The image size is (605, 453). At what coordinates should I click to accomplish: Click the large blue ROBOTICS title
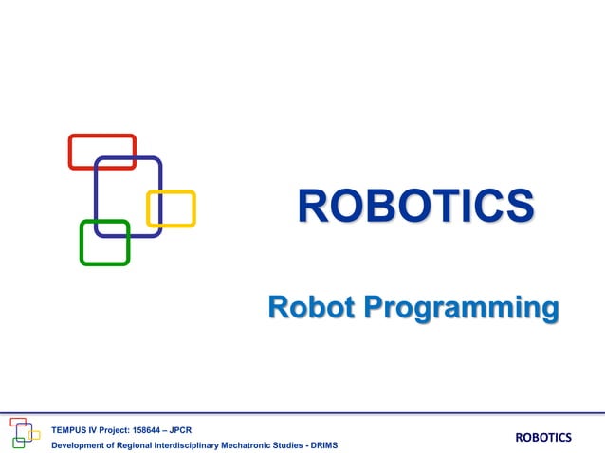(x=415, y=207)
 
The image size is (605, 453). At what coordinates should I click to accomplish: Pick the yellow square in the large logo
(x=171, y=208)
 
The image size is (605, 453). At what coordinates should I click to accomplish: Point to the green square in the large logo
(x=104, y=243)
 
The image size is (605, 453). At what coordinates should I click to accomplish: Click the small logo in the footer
(x=25, y=433)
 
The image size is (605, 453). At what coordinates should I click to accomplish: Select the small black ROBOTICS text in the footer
(x=543, y=437)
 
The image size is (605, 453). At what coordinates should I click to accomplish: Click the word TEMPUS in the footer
(x=69, y=428)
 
